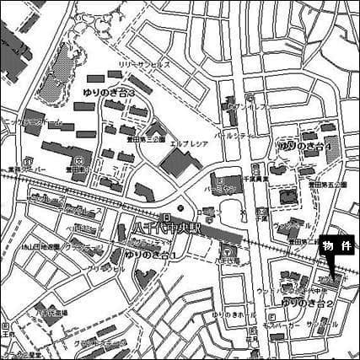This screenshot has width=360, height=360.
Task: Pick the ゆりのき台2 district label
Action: point(305,301)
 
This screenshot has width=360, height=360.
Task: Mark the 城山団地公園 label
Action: point(40,247)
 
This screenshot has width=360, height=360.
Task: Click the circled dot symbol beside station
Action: point(180,210)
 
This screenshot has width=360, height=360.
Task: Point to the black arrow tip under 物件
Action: point(335,280)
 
